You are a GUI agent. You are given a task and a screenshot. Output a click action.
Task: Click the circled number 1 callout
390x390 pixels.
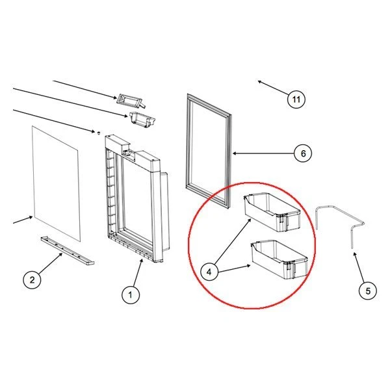131,295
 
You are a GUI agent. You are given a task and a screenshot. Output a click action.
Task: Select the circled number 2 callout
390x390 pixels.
32,280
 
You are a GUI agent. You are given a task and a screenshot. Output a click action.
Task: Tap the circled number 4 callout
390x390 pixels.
209,272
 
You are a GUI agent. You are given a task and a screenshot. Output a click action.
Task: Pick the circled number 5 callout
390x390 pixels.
368,291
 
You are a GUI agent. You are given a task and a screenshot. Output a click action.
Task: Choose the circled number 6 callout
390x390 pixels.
303,153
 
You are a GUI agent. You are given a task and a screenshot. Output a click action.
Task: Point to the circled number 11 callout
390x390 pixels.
296,99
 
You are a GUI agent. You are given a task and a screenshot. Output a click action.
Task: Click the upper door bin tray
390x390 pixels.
272,212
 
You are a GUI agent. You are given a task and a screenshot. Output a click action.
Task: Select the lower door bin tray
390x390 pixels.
279,259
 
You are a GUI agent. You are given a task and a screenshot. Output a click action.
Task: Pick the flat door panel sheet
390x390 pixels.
55,183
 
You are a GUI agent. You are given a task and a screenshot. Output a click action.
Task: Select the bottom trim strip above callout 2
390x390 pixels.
67,251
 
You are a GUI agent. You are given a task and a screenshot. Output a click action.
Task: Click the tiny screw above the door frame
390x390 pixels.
99,133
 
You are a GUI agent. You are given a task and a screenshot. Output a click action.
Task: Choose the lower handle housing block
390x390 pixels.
142,120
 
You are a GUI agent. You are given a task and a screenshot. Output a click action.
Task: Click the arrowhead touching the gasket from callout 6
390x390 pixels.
234,153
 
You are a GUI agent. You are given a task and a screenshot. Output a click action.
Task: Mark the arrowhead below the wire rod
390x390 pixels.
354,253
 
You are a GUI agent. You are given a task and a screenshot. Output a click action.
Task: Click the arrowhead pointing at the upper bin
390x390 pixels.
250,220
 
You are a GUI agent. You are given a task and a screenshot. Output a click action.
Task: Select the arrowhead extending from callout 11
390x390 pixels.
259,82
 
